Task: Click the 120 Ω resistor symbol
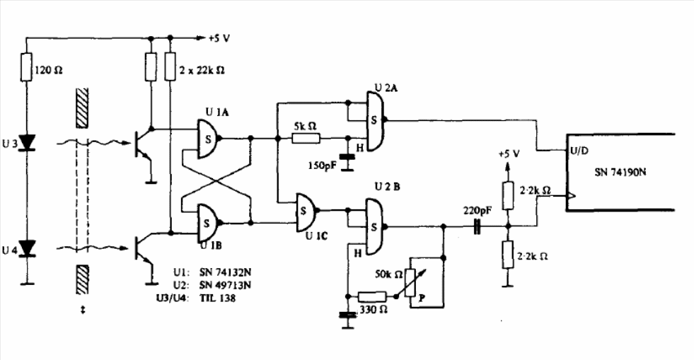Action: [26, 66]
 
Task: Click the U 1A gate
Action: [208, 139]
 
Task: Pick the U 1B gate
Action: [208, 223]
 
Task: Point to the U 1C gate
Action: [307, 211]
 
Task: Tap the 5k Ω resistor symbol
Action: [306, 139]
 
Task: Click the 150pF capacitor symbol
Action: [347, 156]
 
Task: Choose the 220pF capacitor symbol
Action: [477, 226]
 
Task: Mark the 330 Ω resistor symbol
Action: [373, 297]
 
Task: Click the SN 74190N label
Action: [620, 172]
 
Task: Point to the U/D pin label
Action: [579, 151]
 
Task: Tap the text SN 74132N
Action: [225, 271]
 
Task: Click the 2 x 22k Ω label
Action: [202, 70]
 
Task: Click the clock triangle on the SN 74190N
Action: [571, 195]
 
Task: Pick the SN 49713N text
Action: [225, 284]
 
